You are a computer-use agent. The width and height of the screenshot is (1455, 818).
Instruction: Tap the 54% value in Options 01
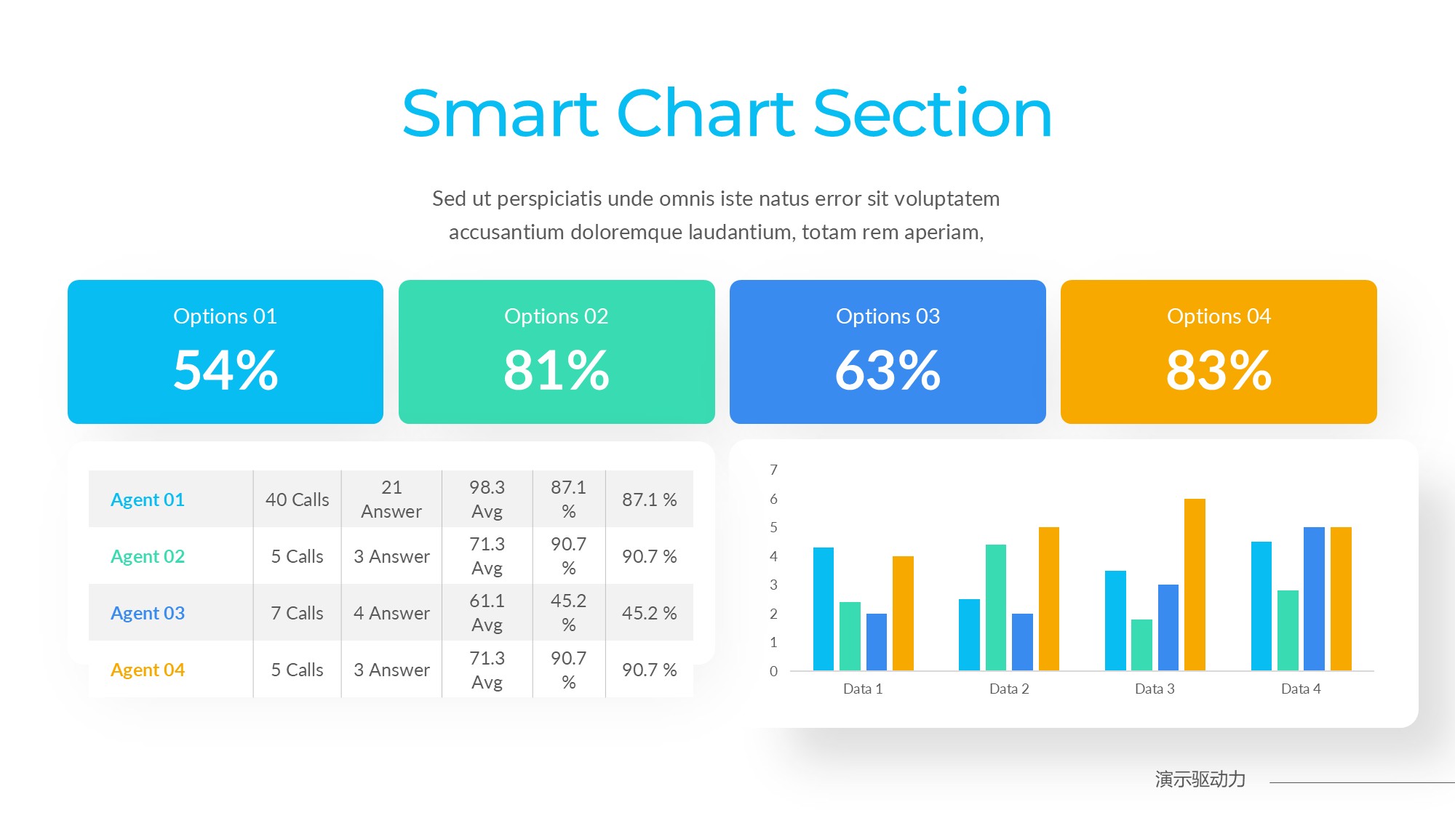[226, 370]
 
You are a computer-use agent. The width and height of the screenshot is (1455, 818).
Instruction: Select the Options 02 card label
[556, 316]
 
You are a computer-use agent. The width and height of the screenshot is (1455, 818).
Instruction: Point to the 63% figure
[888, 370]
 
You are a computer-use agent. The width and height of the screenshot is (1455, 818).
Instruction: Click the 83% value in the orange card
[1219, 370]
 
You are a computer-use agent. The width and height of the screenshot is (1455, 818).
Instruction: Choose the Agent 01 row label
[148, 500]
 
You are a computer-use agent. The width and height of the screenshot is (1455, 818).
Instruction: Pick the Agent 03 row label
[148, 613]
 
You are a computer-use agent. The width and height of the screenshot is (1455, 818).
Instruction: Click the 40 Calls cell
[297, 500]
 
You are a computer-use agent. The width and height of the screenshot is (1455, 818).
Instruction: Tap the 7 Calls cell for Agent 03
[297, 613]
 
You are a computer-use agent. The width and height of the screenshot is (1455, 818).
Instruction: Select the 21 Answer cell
[391, 499]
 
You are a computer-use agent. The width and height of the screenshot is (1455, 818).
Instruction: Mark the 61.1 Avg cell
[487, 612]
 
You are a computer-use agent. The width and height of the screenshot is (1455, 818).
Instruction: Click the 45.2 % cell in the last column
[649, 613]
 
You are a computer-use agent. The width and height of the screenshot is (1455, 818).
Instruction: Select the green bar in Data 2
[996, 607]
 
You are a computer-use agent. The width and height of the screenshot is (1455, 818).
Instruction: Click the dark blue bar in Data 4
[1314, 598]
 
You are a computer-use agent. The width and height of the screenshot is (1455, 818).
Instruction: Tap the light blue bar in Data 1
[824, 609]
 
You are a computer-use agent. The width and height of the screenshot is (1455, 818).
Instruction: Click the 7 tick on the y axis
[773, 470]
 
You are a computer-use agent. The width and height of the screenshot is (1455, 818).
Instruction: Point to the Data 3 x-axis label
[1155, 689]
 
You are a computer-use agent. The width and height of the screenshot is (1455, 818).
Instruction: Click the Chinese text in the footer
[1200, 779]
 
